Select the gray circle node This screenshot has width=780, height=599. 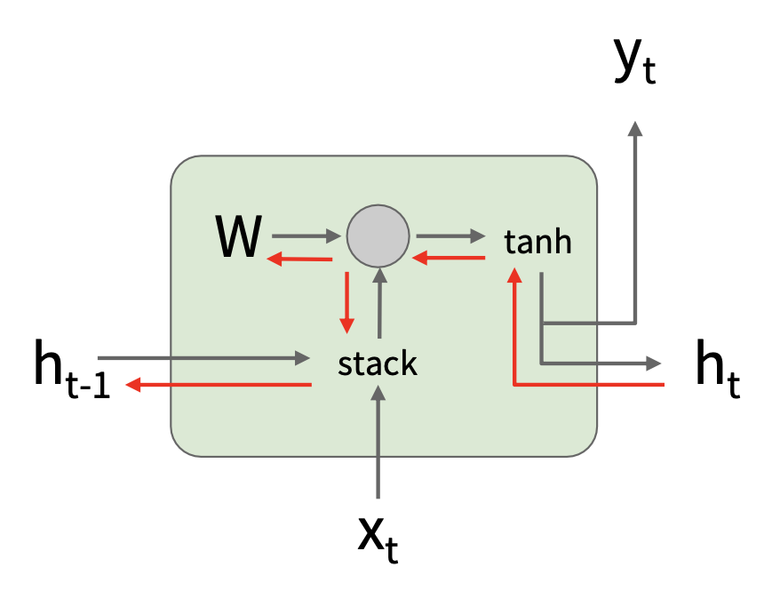[378, 236]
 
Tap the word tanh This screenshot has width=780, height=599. [537, 241]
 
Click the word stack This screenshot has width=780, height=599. [378, 363]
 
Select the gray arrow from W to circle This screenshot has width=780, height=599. [307, 236]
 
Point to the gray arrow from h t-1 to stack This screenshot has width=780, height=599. [204, 358]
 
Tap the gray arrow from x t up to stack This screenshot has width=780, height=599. [378, 444]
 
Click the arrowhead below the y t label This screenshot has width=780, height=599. [634, 129]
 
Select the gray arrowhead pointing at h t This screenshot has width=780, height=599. [654, 363]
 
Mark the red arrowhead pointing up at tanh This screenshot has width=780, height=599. [514, 274]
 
